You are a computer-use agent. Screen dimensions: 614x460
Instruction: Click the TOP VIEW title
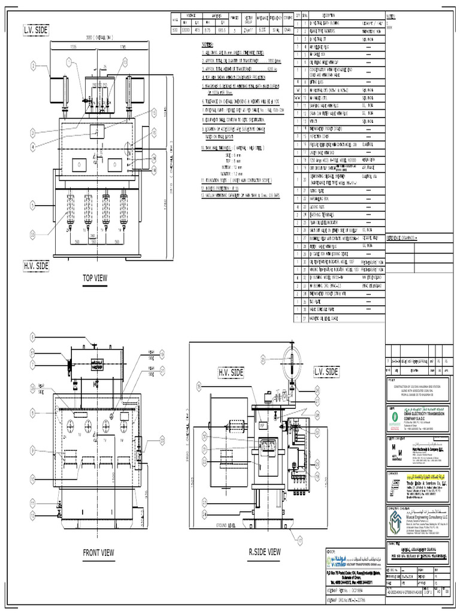pos(95,277)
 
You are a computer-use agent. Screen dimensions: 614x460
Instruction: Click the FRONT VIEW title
pos(98,552)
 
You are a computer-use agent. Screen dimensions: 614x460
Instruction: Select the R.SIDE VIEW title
pos(264,551)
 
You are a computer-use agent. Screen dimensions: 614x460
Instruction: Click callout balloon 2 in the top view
pos(34,66)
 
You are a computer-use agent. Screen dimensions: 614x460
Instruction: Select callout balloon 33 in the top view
pos(33,234)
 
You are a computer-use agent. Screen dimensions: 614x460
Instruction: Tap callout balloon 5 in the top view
pos(34,205)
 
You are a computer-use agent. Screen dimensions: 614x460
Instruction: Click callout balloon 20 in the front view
pos(161,440)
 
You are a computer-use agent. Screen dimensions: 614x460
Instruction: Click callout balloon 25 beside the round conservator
pos(263,359)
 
